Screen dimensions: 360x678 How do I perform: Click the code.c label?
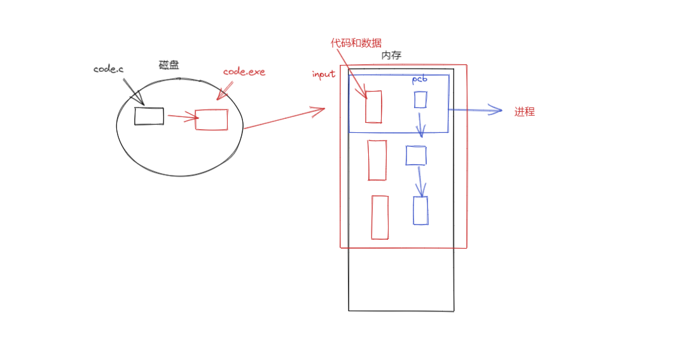click(x=108, y=69)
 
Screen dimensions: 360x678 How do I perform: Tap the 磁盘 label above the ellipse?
click(x=169, y=65)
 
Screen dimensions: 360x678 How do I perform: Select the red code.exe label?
click(x=244, y=72)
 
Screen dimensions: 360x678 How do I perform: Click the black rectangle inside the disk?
click(x=149, y=116)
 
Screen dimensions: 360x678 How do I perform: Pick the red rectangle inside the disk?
click(x=211, y=120)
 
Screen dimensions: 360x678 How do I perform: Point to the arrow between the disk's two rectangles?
click(x=181, y=116)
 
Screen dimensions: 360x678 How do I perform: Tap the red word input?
click(x=323, y=74)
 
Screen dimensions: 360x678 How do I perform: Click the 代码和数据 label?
click(x=356, y=43)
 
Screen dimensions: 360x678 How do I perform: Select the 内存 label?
click(x=391, y=55)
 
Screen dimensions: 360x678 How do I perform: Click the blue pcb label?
click(x=420, y=80)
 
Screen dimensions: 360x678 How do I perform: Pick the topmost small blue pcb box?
click(x=420, y=100)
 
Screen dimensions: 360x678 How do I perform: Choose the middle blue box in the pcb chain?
click(x=416, y=156)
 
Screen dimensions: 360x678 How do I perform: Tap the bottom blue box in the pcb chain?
click(x=420, y=211)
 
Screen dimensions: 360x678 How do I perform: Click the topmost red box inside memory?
click(x=373, y=106)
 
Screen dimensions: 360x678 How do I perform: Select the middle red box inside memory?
click(x=377, y=160)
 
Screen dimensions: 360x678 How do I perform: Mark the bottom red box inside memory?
click(x=380, y=218)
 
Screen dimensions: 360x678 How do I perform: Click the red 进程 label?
click(x=525, y=112)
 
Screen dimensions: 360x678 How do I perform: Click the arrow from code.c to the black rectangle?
click(x=134, y=93)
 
